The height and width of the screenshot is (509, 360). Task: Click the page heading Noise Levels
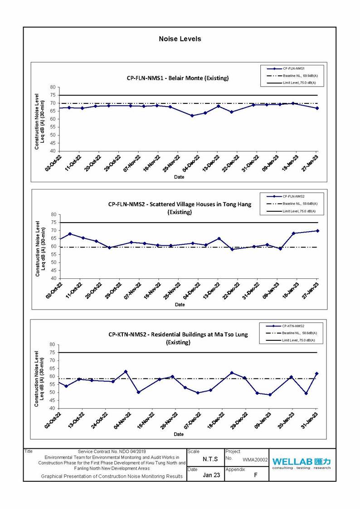(180, 39)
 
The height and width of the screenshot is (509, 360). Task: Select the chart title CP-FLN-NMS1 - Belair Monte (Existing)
(178, 78)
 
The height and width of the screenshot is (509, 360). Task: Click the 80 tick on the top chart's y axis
(53, 87)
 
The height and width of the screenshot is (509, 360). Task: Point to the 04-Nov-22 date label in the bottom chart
(122, 420)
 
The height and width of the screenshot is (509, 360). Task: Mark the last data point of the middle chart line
(317, 231)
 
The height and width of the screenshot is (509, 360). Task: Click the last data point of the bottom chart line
(317, 373)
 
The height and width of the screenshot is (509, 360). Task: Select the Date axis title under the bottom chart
(179, 434)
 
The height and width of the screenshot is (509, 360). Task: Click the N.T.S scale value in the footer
(210, 459)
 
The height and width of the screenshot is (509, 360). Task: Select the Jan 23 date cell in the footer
(211, 475)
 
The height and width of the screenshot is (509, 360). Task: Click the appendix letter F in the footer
(256, 475)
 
